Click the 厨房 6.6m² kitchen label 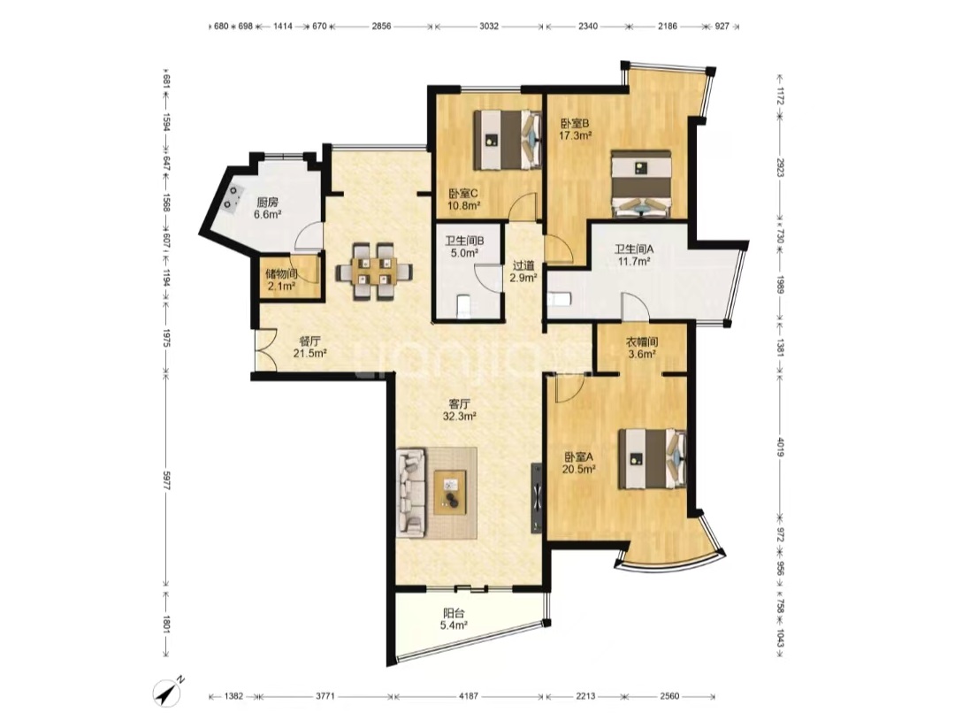tap(268, 208)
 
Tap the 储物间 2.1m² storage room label tap(281, 279)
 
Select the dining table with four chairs tap(374, 271)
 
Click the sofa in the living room tap(411, 492)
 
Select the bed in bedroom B tap(641, 183)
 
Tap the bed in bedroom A tap(653, 459)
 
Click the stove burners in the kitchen tap(232, 196)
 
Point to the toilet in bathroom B tap(462, 306)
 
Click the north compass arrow tap(169, 691)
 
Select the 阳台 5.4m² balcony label tap(455, 619)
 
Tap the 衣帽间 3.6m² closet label tap(642, 348)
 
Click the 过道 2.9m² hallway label tap(523, 272)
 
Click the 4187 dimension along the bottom tap(469, 695)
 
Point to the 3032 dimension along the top tap(488, 27)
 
